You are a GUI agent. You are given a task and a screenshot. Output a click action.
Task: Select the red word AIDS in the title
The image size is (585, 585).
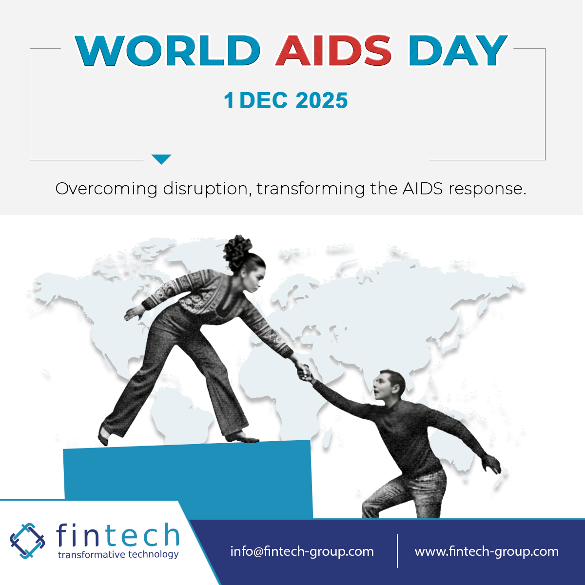pos(333,51)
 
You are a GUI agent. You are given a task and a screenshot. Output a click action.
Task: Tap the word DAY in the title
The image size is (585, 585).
pos(458,51)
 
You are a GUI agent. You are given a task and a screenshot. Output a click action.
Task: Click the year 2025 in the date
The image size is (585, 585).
pos(322,100)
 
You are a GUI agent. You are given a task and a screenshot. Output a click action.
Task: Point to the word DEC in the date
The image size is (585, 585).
pos(263,100)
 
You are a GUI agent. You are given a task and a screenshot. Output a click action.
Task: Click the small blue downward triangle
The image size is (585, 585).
pos(161,159)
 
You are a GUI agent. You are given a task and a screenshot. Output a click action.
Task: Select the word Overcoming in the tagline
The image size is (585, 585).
pos(106,189)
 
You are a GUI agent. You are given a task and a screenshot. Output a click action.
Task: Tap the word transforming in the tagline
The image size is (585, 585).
pos(311,189)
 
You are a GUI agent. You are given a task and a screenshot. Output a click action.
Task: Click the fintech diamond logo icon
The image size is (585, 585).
pos(27,541)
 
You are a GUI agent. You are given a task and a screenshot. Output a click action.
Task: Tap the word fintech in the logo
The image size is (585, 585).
pos(117,535)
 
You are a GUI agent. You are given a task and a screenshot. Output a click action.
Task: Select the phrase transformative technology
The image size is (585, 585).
pos(118,555)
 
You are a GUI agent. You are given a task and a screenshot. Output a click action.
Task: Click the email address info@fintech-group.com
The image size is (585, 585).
pos(302,551)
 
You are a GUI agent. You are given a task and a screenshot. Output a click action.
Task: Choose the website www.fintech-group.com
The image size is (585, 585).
pos(487,551)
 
